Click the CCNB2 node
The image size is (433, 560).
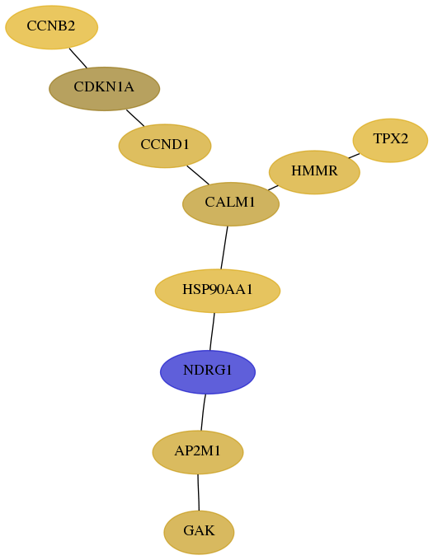51,27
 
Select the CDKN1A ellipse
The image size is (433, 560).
104,89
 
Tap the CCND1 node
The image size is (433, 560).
165,146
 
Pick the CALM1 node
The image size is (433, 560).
231,204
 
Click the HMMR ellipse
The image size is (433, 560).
314,172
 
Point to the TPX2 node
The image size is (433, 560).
390,140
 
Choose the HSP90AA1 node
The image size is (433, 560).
218,291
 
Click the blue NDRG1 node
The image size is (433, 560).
208,371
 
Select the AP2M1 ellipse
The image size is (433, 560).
198,452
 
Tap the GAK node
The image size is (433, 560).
199,533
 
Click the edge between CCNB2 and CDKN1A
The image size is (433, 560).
78,58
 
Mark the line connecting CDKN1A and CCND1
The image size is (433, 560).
135,118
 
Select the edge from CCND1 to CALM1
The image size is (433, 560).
198,175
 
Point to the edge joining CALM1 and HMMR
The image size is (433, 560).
273,188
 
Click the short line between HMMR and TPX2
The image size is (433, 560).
354,156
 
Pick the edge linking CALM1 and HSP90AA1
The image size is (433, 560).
224,248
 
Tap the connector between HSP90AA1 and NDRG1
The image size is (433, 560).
212,331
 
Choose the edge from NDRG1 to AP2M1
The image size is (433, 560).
203,413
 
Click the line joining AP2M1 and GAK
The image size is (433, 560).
198,492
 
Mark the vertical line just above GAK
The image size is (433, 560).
198,492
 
